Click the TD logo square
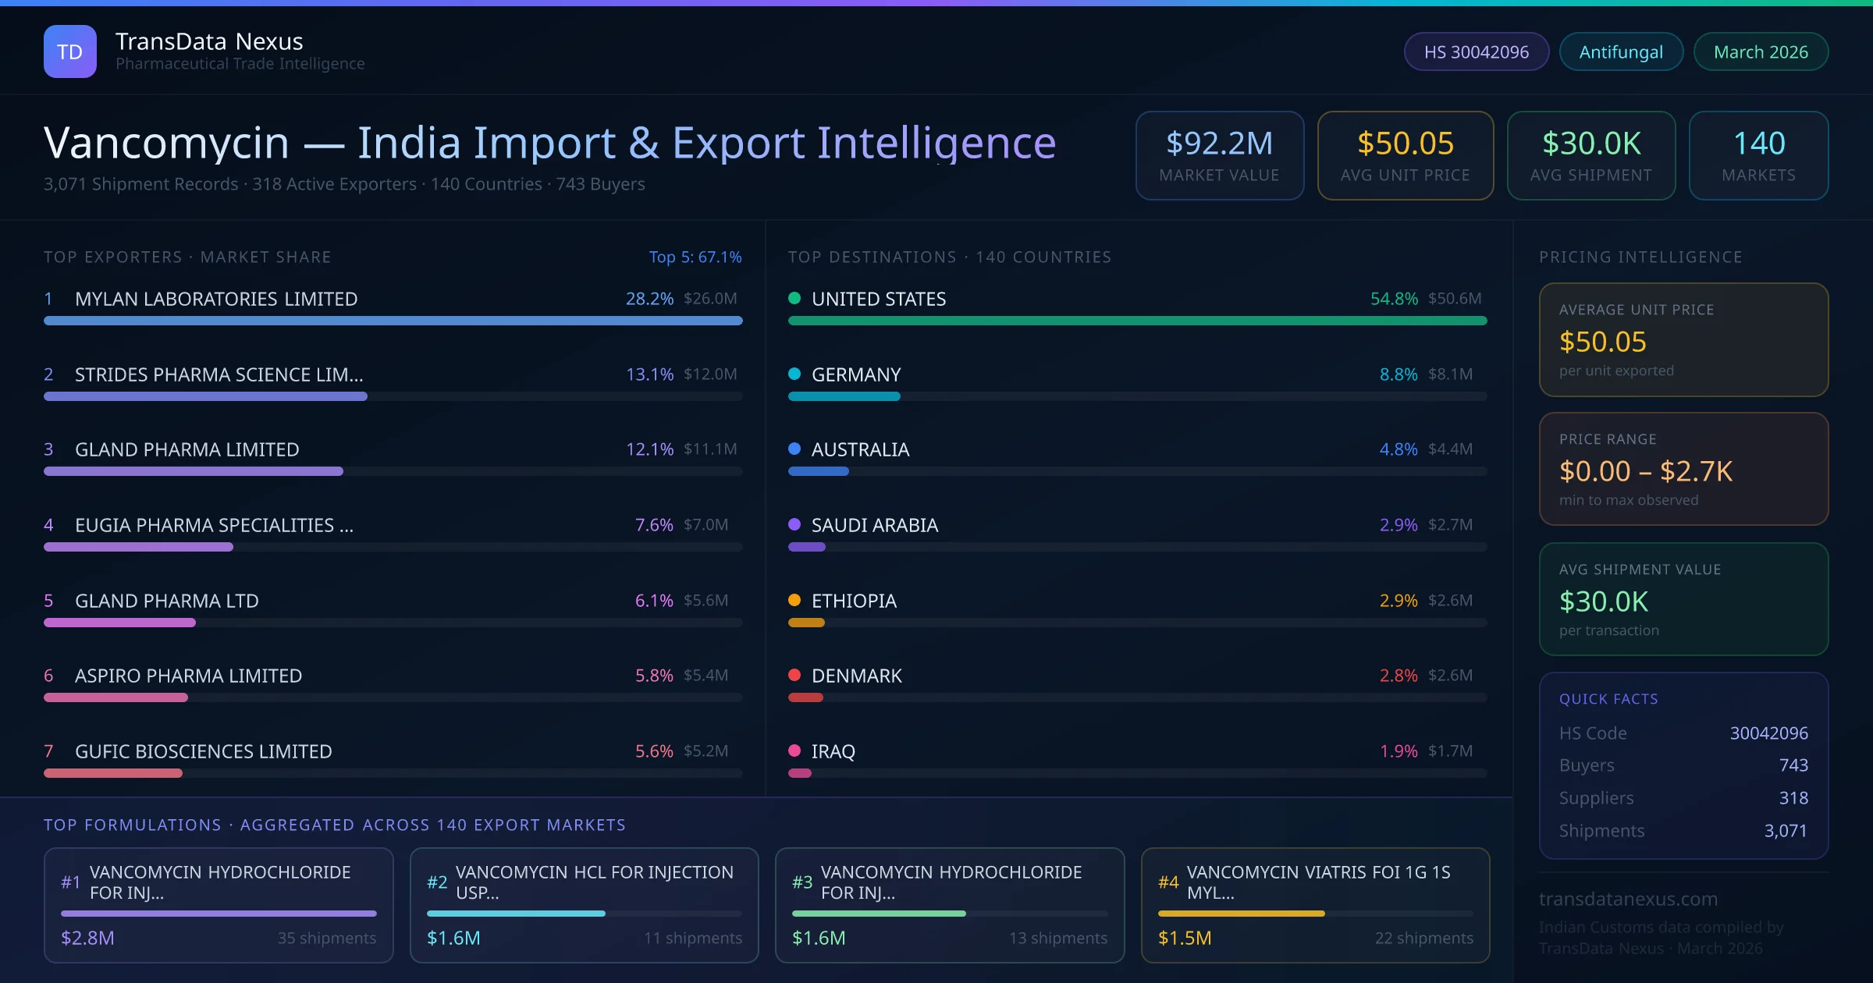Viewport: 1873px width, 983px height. point(70,51)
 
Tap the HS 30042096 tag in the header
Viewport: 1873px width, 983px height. point(1476,51)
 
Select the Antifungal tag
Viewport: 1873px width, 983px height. point(1621,51)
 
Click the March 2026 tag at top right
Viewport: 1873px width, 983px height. point(1761,51)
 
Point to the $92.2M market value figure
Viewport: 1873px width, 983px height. point(1219,144)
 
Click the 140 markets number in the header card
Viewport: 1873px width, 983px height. point(1759,144)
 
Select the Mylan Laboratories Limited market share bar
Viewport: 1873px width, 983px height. point(393,321)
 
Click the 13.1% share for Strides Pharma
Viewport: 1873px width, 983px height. point(649,374)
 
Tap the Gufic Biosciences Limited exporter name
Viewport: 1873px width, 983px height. point(203,751)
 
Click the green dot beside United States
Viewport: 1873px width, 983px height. point(794,298)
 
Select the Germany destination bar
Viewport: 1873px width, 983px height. point(844,396)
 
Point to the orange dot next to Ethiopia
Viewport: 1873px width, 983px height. point(794,600)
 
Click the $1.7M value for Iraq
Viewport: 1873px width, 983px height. point(1450,751)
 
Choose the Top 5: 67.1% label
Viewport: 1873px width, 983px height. point(695,257)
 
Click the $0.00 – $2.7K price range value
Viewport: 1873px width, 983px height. point(1645,471)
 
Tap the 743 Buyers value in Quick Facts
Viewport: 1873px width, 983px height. point(1793,765)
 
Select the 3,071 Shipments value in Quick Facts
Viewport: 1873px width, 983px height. point(1786,831)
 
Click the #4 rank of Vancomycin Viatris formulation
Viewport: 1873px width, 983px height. point(1168,882)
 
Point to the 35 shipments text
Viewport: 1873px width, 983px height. point(327,938)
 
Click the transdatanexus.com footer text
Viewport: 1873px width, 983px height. point(1628,899)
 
